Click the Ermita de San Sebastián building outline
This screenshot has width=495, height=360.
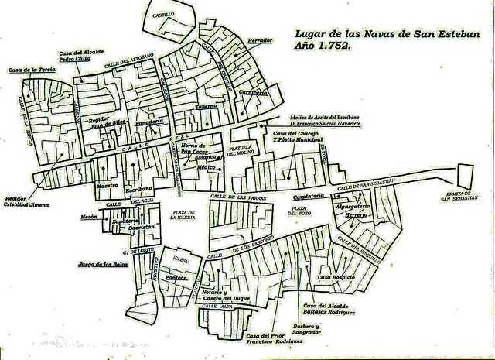point(466,175)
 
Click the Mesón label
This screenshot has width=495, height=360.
point(89,218)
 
